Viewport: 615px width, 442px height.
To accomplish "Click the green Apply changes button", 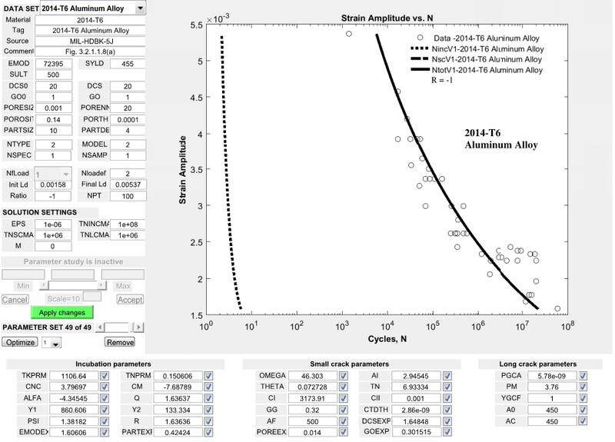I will click(x=63, y=312).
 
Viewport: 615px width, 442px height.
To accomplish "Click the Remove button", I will click(x=119, y=342).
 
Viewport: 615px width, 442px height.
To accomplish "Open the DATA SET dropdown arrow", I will click(x=139, y=8).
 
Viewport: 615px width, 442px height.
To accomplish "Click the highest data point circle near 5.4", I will click(x=349, y=34).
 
